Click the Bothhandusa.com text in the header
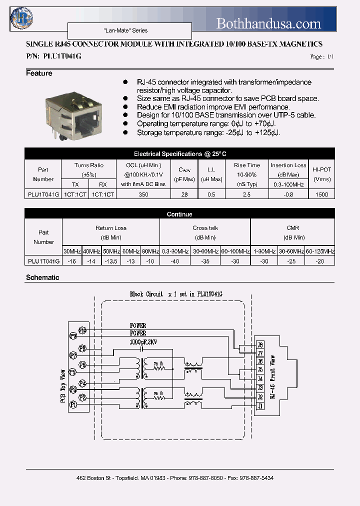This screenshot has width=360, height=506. (x=268, y=23)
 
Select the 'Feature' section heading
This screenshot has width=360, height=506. (x=39, y=73)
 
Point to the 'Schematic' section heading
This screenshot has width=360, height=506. (x=42, y=277)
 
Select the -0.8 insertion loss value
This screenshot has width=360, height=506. (x=288, y=194)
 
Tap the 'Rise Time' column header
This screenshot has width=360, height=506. (x=247, y=165)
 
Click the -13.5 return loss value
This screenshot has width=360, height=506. (x=110, y=261)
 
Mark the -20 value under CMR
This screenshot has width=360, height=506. (x=320, y=261)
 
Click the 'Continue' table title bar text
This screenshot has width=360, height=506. (x=179, y=214)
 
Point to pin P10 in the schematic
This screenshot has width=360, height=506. (x=82, y=330)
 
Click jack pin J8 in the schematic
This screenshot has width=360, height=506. (x=260, y=344)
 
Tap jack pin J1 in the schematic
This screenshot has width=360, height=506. (x=260, y=406)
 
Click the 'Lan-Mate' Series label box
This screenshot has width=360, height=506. (x=129, y=31)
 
